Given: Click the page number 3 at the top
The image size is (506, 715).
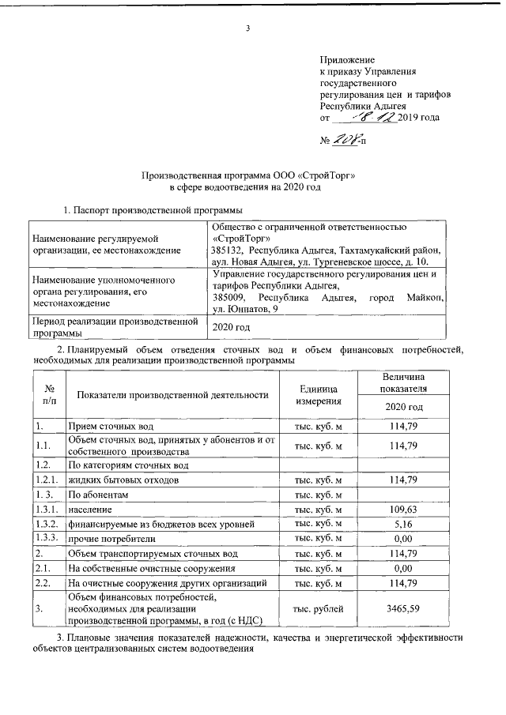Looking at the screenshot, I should pyautogui.click(x=247, y=31).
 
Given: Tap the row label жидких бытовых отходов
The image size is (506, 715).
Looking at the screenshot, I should pyautogui.click(x=118, y=480).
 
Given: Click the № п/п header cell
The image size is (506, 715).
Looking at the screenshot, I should pyautogui.click(x=48, y=395).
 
